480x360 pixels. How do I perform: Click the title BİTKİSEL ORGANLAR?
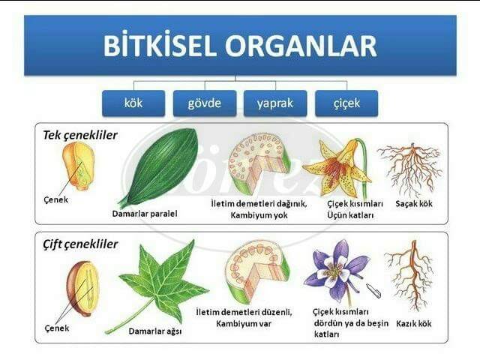240,46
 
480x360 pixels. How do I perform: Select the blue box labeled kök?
133,103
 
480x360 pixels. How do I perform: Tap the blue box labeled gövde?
204,103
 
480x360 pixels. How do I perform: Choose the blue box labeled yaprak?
274,103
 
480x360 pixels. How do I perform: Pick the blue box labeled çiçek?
346,103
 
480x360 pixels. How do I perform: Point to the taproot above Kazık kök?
408,277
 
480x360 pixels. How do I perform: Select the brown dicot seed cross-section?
81,286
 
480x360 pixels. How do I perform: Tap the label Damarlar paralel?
145,214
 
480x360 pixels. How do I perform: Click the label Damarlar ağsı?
157,330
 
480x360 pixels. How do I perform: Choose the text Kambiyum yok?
259,215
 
